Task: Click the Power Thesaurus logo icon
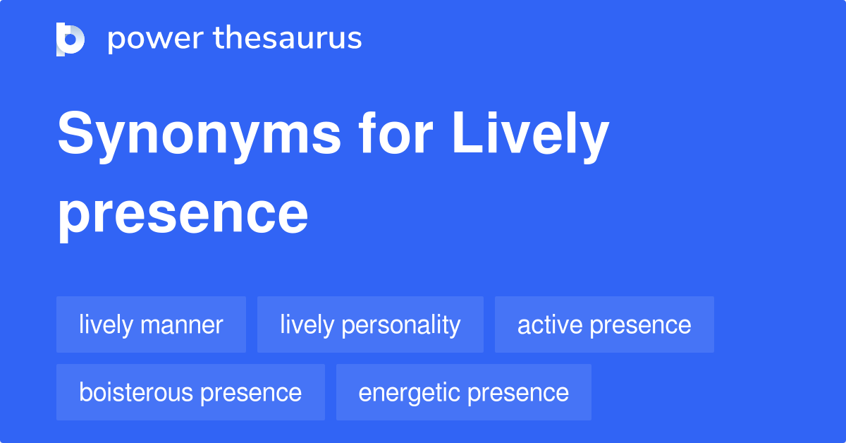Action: tap(70, 39)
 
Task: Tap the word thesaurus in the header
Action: tap(288, 39)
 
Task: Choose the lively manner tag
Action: tap(151, 324)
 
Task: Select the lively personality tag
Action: tap(370, 324)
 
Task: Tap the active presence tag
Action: tap(604, 324)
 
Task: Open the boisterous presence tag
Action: tap(190, 392)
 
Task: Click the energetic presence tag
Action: tap(463, 392)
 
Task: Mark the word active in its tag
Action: tap(550, 324)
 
